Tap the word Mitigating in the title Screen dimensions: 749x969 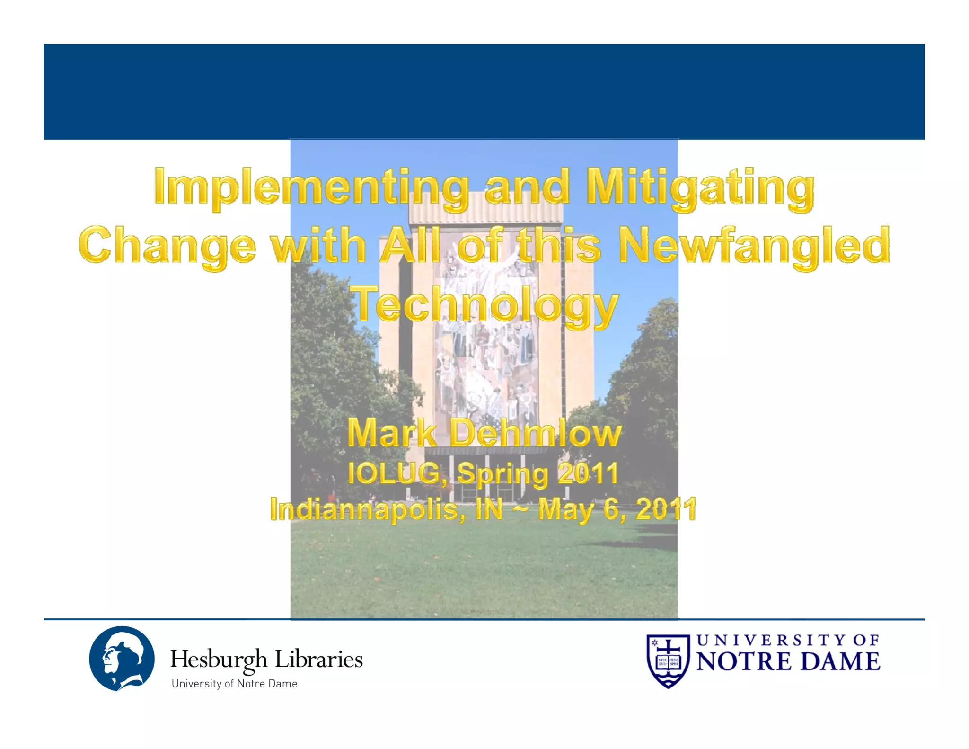point(700,187)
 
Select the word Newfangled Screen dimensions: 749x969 point(754,246)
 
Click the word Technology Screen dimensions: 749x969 point(486,304)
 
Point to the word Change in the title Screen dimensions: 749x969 point(167,246)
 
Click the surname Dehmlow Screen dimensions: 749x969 point(535,433)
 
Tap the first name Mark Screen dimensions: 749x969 point(392,433)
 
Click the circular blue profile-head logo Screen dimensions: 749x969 point(122,659)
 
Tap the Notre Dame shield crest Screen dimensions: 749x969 point(668,661)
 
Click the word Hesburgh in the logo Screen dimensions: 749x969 point(219,660)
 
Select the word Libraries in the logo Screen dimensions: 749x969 point(319,660)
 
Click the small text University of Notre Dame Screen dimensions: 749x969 point(234,684)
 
